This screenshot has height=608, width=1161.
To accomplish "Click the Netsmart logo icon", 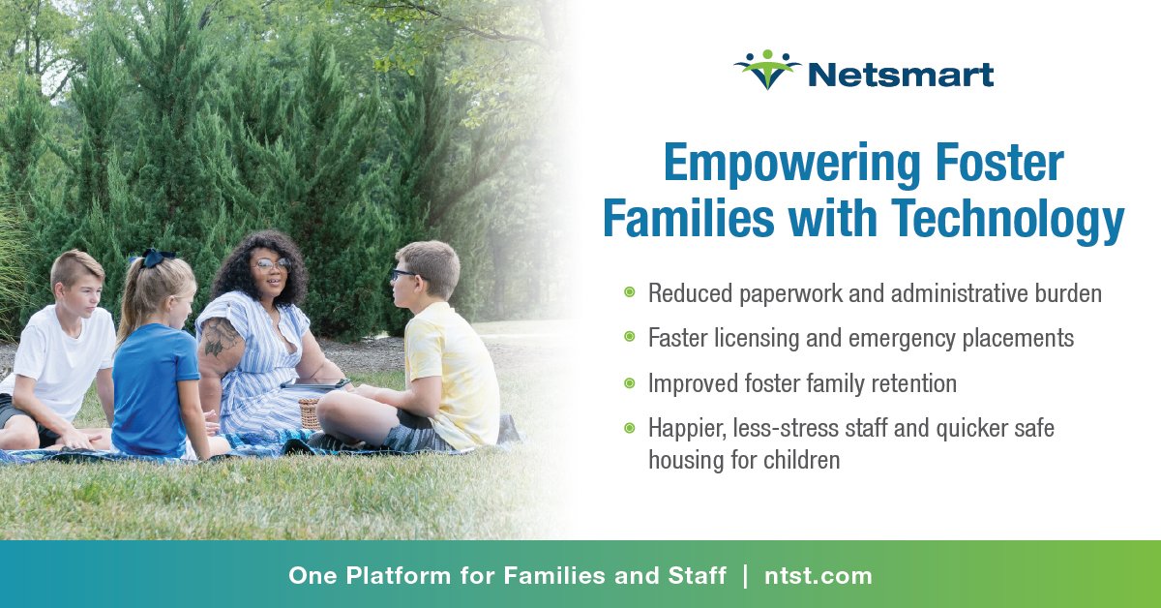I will click(x=767, y=70).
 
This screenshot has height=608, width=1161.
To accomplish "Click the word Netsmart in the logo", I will click(x=900, y=73).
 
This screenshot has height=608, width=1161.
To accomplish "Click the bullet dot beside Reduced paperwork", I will click(x=629, y=292).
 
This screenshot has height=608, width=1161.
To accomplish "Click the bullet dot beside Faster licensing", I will click(x=629, y=337).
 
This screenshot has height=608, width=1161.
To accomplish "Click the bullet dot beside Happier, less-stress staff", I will click(x=629, y=428).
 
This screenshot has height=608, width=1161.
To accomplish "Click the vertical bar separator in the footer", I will click(x=745, y=576).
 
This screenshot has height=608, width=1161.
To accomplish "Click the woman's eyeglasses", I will click(x=272, y=263).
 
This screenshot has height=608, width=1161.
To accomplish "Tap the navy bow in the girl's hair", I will click(x=154, y=258).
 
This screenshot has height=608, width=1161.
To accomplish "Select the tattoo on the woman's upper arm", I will click(x=219, y=338).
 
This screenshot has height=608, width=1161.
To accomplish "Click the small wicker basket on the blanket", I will click(x=309, y=412).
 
